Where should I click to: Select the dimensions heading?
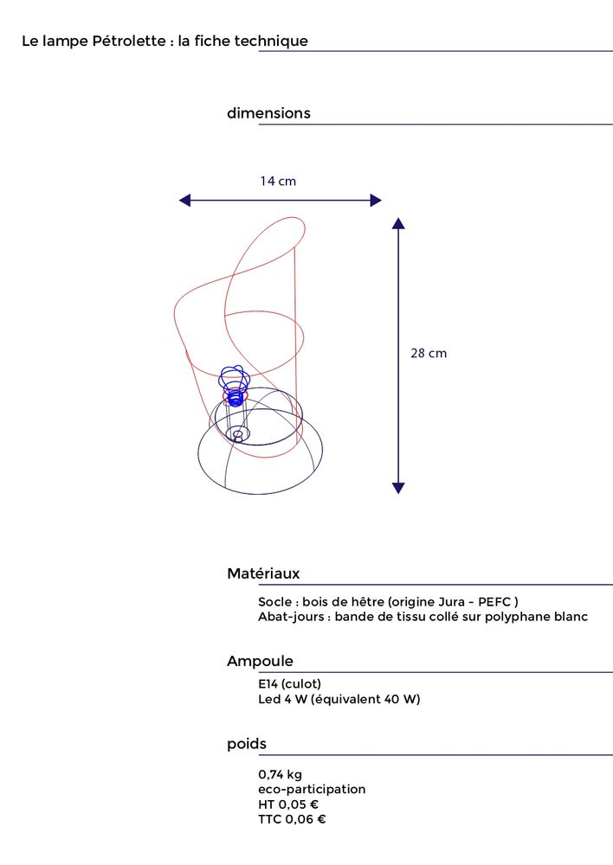coord(268,113)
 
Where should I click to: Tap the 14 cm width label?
coord(278,182)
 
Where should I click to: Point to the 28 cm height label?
coord(429,354)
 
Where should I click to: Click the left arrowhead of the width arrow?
coord(184,201)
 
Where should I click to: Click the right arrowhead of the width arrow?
coord(376,201)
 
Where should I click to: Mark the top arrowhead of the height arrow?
coord(398,223)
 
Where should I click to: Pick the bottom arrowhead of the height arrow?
coord(398,488)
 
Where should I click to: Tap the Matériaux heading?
coord(263,573)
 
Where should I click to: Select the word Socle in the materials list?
coord(274,602)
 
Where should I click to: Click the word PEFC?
coord(494,602)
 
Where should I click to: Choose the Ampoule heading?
coord(260,662)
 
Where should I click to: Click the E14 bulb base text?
coord(289,684)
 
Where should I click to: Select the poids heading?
coord(247,744)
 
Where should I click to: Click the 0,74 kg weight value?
coord(280,774)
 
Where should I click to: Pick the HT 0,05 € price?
coord(288,804)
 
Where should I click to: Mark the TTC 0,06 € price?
coord(292,820)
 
